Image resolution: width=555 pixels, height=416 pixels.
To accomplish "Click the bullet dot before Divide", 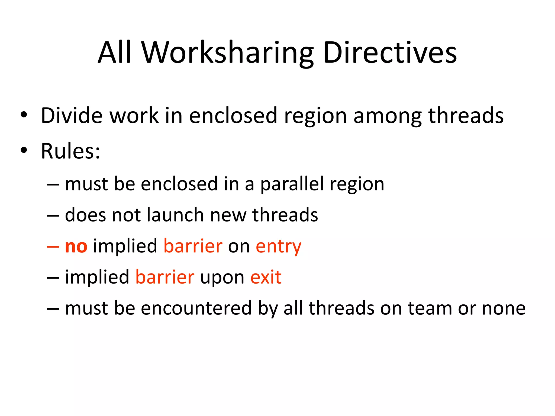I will pos(24,115).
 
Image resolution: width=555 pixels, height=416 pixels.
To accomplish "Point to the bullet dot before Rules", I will pos(24,150).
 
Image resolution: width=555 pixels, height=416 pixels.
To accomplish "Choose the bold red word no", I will pos(76,246).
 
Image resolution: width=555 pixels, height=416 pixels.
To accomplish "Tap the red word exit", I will pos(266,277).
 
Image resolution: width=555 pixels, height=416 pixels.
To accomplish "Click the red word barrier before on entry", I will pos(193,246).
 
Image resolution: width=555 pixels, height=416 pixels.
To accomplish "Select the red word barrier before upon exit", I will pos(165,277).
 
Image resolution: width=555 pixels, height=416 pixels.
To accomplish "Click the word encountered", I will pos(196,308).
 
